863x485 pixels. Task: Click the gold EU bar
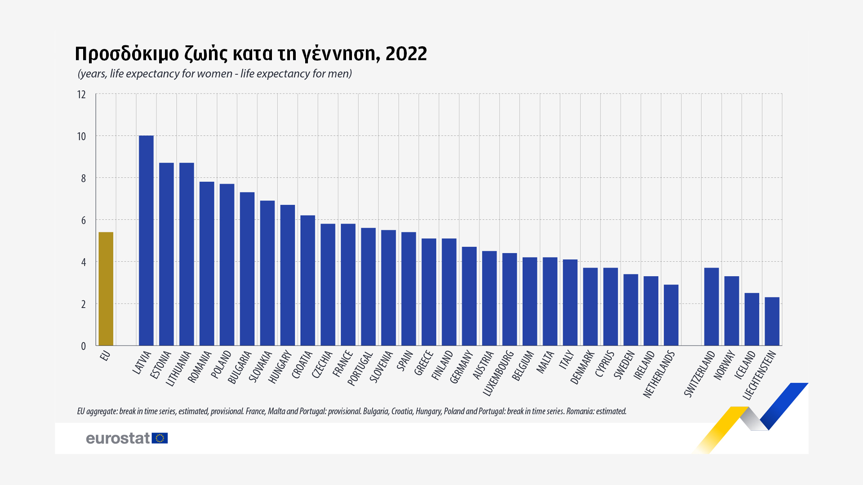click(x=106, y=288)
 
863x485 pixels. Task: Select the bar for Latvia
click(x=146, y=240)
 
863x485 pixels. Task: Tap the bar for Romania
click(x=207, y=263)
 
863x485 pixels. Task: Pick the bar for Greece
click(x=429, y=291)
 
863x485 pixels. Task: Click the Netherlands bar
click(x=671, y=315)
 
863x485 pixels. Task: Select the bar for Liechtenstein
click(x=772, y=321)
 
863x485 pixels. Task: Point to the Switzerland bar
click(x=712, y=306)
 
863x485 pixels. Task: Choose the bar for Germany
click(x=469, y=296)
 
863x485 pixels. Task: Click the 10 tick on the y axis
click(x=81, y=137)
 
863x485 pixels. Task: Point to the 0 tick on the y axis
click(x=83, y=346)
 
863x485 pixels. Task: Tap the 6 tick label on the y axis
click(x=83, y=220)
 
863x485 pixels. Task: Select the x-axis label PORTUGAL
click(x=360, y=369)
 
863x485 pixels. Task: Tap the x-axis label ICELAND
click(x=745, y=365)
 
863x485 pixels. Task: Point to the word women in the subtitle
click(x=214, y=74)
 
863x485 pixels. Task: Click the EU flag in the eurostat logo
click(x=160, y=438)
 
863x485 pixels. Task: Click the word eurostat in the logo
click(x=118, y=438)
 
